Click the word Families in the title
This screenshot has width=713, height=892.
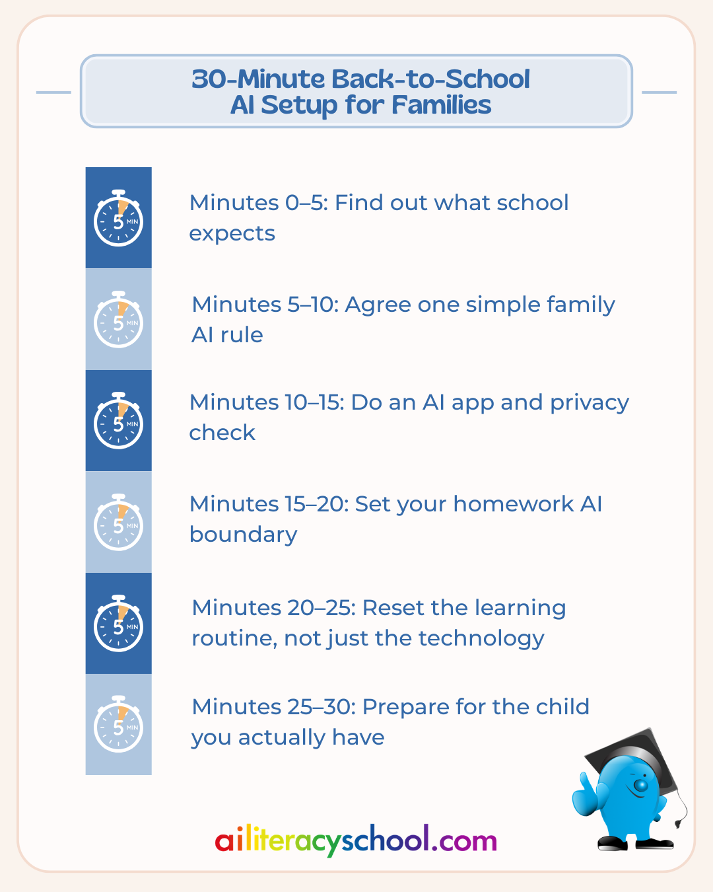point(441,104)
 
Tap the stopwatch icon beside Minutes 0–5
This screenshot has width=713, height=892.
point(118,218)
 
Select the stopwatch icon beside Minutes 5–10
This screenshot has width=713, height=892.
point(118,319)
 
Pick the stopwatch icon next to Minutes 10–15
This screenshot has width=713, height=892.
point(118,420)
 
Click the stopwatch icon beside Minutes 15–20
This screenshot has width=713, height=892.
point(118,522)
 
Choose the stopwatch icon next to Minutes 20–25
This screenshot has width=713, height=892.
point(118,623)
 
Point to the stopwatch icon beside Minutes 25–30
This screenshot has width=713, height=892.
point(118,724)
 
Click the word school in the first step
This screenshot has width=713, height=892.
point(532,203)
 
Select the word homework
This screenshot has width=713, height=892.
point(514,504)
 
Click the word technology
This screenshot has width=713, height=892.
point(481,639)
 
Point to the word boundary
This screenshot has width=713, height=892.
point(243,535)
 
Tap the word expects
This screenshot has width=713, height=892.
point(232,234)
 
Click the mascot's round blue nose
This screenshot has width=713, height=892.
point(640,785)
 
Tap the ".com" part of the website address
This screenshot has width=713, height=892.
point(464,842)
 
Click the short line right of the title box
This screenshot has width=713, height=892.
point(659,93)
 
